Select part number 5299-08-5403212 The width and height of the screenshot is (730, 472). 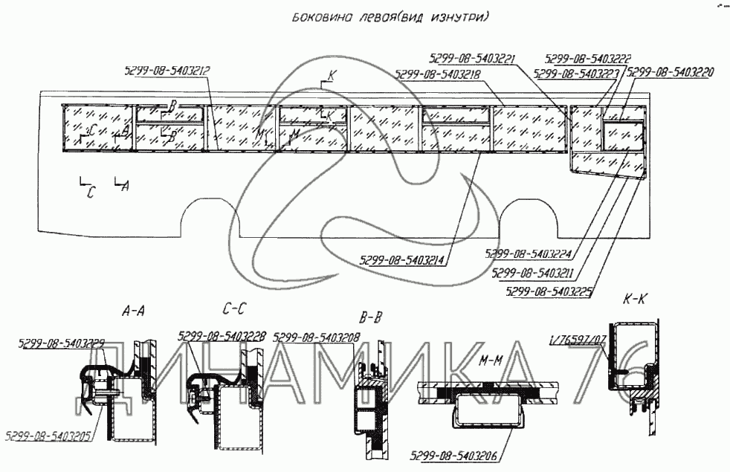167,71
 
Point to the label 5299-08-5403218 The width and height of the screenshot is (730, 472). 440,74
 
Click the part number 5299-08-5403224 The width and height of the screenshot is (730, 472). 529,252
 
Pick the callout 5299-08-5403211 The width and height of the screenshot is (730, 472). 537,271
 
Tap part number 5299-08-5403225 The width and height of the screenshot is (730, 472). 548,291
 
